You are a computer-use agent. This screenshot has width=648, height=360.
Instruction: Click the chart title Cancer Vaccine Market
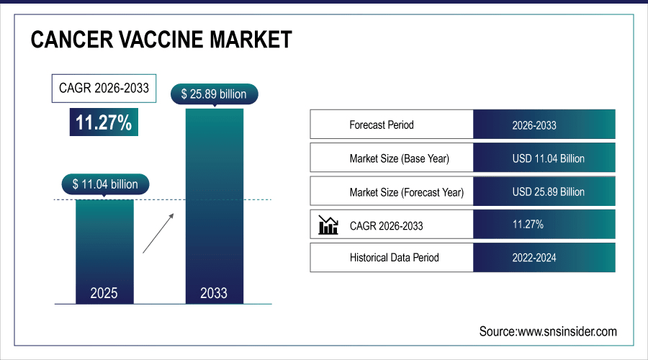pyautogui.click(x=161, y=40)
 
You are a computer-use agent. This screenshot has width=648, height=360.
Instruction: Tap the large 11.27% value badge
pyautogui.click(x=104, y=122)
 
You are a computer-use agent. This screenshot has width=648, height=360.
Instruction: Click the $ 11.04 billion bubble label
pyautogui.click(x=105, y=184)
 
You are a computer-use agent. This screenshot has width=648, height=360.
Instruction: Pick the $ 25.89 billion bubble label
pyautogui.click(x=214, y=94)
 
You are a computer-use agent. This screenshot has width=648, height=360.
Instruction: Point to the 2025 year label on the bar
pyautogui.click(x=104, y=293)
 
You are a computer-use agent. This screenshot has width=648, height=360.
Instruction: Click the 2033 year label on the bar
pyautogui.click(x=214, y=293)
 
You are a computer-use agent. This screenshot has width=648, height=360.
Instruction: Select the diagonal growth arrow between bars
pyautogui.click(x=158, y=233)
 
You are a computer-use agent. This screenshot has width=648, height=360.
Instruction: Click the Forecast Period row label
pyautogui.click(x=382, y=125)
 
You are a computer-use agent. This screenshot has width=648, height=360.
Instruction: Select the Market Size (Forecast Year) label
pyautogui.click(x=406, y=192)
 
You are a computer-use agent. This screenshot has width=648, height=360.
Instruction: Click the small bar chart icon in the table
pyautogui.click(x=328, y=225)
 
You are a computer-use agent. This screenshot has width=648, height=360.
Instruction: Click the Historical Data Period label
pyautogui.click(x=394, y=257)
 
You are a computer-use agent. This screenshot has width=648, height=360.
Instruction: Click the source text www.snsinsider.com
pyautogui.click(x=548, y=331)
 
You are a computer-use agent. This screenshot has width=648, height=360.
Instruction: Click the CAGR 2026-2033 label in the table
pyautogui.click(x=386, y=225)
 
